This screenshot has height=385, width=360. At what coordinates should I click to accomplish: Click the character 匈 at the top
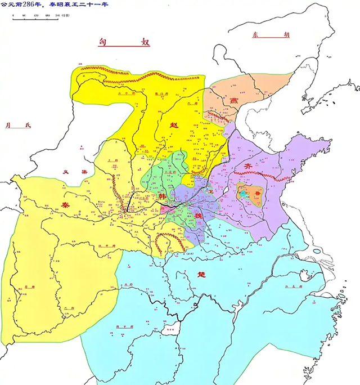(102, 42)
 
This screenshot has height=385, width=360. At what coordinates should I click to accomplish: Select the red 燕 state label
(233, 100)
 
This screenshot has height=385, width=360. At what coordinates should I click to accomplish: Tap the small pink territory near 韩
(165, 208)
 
